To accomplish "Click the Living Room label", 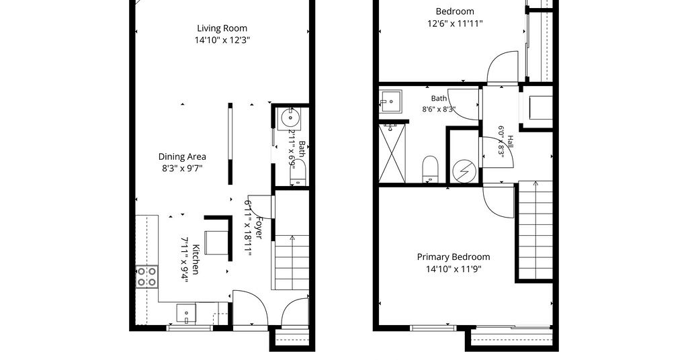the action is (x=222, y=28).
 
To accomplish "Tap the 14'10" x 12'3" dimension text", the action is (x=222, y=40).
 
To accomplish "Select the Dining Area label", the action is (x=182, y=156).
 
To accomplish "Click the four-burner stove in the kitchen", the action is (x=146, y=276).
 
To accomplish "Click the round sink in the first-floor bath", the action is (x=290, y=118).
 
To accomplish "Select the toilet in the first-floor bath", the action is (x=298, y=173).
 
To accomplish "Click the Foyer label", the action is (x=259, y=228).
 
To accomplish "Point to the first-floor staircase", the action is (x=292, y=263).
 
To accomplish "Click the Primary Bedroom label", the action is (x=454, y=257).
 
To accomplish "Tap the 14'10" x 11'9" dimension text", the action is (x=454, y=269).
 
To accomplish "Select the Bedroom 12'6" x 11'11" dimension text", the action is (x=455, y=24).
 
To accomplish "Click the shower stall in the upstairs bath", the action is (x=392, y=153).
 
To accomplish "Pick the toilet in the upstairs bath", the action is (x=430, y=169).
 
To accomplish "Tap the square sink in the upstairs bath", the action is (x=390, y=101).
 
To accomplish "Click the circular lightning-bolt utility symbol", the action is (x=464, y=171).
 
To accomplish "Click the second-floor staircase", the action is (x=535, y=230).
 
